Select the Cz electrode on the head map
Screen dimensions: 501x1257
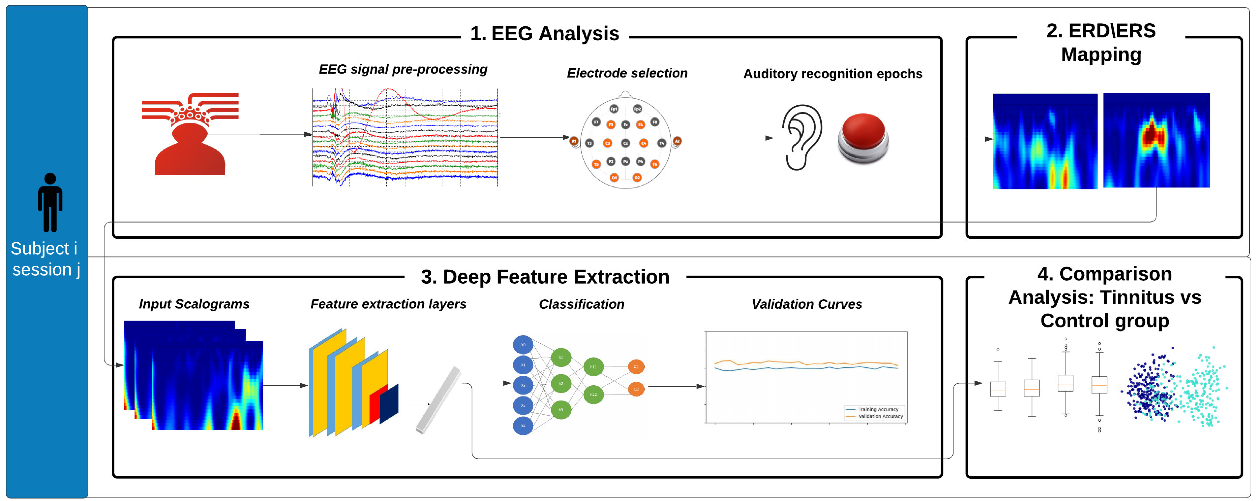tap(625, 143)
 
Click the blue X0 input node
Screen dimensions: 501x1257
tap(523, 345)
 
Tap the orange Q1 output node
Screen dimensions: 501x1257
tap(636, 367)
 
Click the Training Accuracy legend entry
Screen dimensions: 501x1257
tap(878, 409)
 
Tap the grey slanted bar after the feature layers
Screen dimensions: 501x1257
tap(438, 400)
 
